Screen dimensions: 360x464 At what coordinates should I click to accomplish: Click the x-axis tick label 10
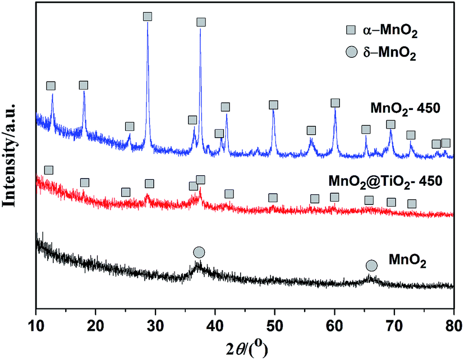click(x=36, y=325)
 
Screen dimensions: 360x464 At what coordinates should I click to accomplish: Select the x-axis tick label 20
click(x=95, y=325)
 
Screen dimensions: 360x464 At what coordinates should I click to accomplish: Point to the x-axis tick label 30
click(x=155, y=325)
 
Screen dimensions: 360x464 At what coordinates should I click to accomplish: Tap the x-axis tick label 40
click(x=215, y=325)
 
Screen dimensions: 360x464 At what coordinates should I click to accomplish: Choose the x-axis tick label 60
click(x=334, y=325)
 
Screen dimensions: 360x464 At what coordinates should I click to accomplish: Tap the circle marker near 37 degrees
click(x=199, y=252)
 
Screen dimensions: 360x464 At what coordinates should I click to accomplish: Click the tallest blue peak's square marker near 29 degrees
click(x=148, y=17)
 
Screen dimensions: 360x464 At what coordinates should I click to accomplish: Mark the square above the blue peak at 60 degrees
click(x=335, y=103)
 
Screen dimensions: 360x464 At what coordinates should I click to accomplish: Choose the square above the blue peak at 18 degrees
click(x=84, y=85)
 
